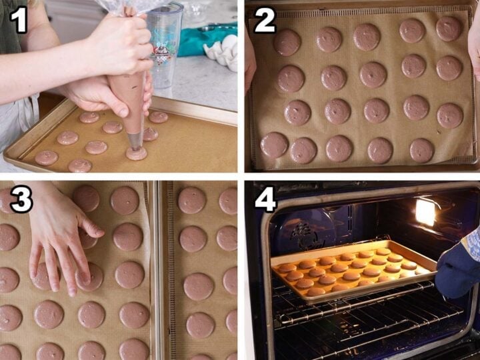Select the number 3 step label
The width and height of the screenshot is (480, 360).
[20, 199]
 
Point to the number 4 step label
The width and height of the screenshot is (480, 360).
[265, 199]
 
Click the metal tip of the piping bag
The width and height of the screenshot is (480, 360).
[135, 141]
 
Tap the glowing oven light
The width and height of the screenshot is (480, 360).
[425, 212]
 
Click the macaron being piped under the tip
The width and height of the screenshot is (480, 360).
[137, 154]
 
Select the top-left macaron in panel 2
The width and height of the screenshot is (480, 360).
[287, 43]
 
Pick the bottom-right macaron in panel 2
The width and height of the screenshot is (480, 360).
[421, 150]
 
